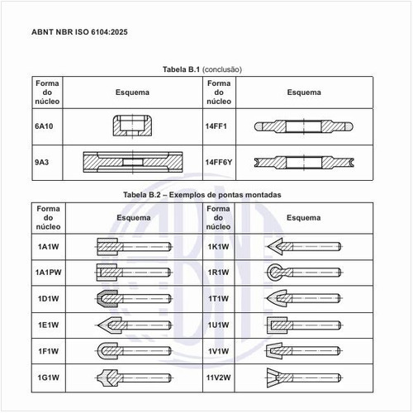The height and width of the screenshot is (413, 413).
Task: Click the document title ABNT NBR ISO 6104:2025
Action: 79,32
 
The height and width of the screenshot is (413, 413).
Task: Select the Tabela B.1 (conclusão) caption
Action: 202,69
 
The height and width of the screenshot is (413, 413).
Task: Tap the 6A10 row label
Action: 44,126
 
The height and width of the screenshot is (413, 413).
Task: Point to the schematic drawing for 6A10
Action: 132,126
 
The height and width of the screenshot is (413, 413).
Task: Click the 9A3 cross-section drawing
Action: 133,162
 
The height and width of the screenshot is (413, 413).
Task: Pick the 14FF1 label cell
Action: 216,126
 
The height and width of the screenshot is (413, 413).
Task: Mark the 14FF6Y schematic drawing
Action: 304,163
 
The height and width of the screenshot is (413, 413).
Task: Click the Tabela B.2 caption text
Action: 202,195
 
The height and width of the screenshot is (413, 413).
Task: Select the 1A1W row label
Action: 49,247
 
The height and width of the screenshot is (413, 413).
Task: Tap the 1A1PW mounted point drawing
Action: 134,273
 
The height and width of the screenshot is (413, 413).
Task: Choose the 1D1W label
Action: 49,298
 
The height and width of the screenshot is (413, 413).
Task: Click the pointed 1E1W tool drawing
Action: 134,325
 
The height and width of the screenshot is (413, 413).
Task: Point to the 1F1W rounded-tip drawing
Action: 134,351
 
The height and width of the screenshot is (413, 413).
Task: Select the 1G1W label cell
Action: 49,377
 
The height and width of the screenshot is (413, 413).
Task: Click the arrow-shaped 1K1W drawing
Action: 304,246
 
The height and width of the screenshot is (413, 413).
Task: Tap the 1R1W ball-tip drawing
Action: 304,273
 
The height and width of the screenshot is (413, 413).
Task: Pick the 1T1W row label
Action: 218,298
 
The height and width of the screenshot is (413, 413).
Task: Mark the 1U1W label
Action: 218,325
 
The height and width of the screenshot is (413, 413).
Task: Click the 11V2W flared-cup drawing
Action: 304,377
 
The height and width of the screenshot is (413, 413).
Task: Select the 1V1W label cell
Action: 218,351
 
